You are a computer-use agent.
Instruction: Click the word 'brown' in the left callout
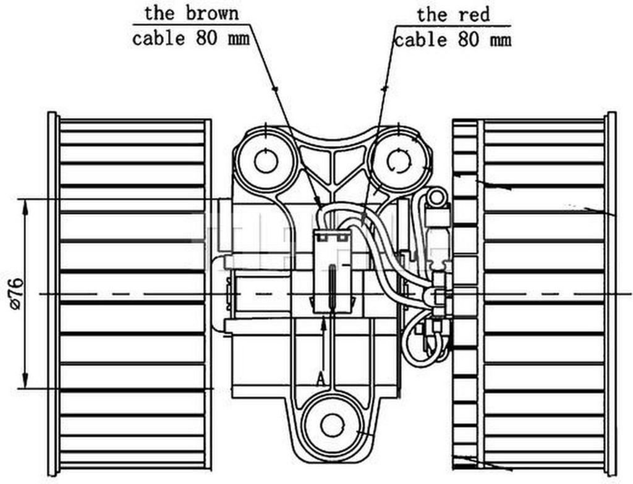(x=212, y=14)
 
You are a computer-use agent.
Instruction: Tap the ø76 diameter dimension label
(x=17, y=294)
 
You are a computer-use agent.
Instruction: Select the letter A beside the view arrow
(x=321, y=379)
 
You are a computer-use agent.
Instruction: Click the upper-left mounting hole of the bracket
(x=266, y=161)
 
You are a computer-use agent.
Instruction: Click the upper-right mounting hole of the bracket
(x=399, y=161)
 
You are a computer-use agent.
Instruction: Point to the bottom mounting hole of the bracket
(x=332, y=425)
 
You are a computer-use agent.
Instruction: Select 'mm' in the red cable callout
(x=500, y=40)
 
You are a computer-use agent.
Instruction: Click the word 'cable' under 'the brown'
(x=158, y=39)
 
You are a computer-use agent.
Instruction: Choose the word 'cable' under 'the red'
(x=420, y=40)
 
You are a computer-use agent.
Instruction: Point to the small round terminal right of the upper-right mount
(x=436, y=198)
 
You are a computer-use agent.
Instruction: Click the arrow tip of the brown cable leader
(x=320, y=205)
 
